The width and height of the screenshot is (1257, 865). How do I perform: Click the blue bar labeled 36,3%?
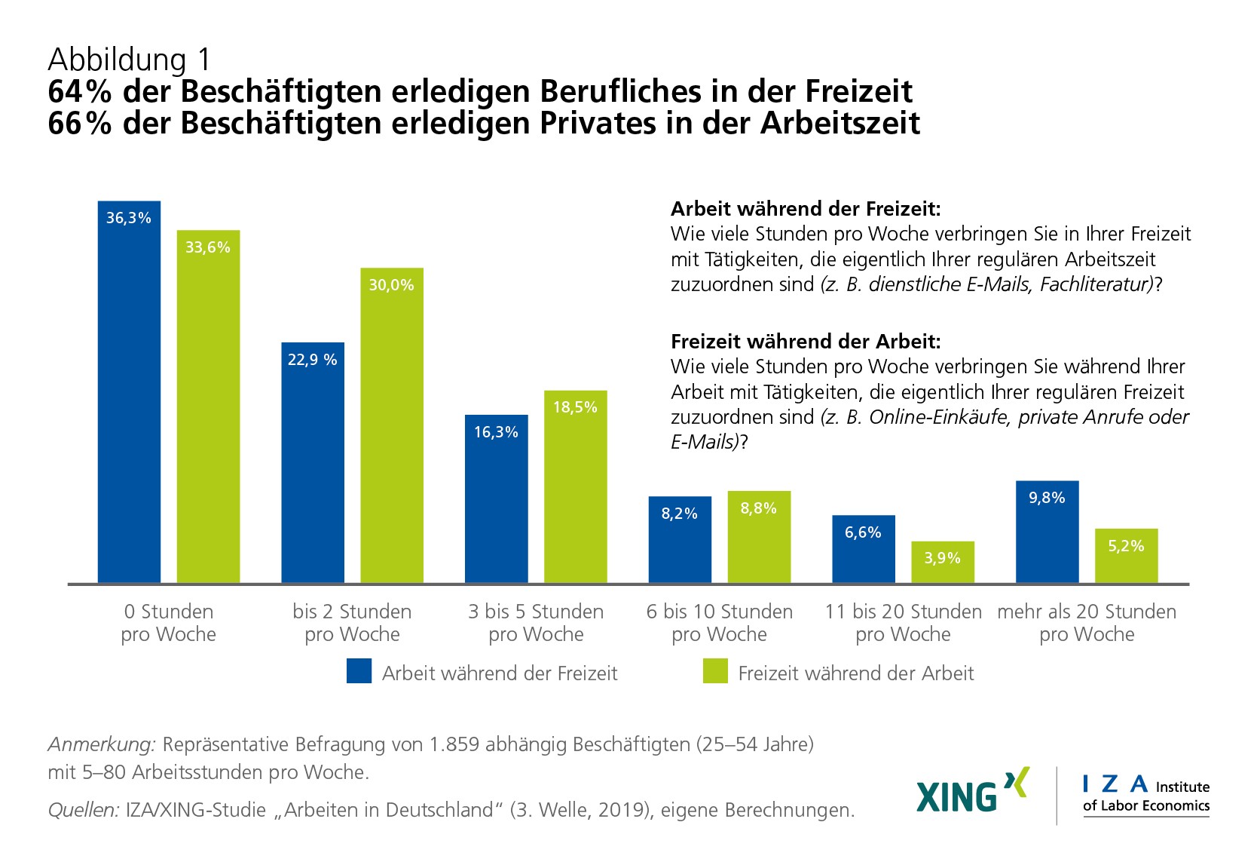129,392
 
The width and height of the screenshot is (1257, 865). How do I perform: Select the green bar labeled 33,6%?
208,407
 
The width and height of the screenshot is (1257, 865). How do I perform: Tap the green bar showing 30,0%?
391,426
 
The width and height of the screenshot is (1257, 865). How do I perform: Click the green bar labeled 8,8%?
758,537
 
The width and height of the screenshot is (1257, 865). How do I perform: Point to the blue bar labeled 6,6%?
863,549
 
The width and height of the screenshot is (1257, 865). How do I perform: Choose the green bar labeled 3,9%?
942,562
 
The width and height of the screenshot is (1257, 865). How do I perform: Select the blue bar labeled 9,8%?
1047,532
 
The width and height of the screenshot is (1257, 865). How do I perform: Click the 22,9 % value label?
312,360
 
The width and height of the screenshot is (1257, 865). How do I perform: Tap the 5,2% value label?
1126,546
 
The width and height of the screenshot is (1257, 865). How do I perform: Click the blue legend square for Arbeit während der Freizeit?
359,671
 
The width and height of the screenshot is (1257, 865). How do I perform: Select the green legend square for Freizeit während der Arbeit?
715,671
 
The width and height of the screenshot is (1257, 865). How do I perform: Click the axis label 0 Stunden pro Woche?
168,623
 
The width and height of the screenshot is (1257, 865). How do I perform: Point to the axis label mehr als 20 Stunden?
1087,612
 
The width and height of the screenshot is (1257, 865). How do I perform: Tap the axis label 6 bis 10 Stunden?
720,612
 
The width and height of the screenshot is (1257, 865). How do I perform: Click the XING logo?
972,791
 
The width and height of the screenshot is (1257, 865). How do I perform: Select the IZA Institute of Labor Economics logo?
1145,796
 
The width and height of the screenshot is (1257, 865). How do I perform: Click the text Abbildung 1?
130,60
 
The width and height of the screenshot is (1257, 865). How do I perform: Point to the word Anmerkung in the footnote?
102,745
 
